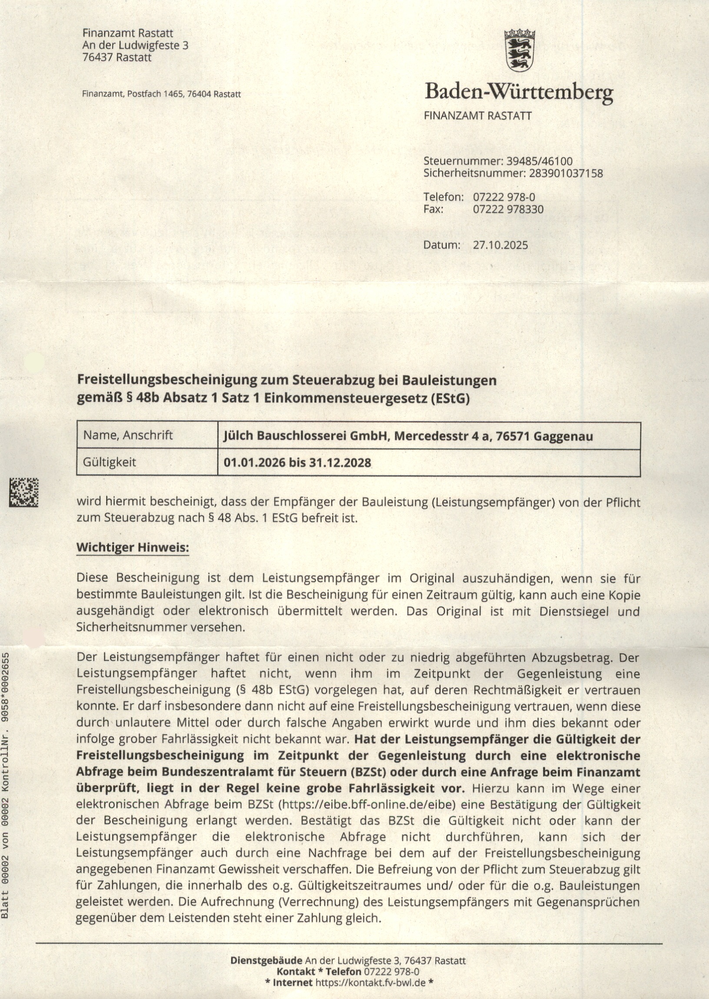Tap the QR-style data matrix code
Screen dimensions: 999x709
pyautogui.click(x=24, y=492)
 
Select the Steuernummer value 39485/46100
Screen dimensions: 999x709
pyautogui.click(x=539, y=161)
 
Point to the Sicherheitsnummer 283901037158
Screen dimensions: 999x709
pyautogui.click(x=566, y=173)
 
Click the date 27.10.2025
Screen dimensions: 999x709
pyautogui.click(x=500, y=245)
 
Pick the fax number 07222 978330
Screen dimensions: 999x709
pyautogui.click(x=508, y=209)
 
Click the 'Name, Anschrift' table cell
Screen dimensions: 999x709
pyautogui.click(x=128, y=435)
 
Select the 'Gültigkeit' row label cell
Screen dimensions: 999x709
pyautogui.click(x=109, y=462)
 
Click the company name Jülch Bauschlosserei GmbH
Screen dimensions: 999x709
pyautogui.click(x=305, y=435)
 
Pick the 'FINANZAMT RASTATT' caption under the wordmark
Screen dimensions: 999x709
pyautogui.click(x=477, y=115)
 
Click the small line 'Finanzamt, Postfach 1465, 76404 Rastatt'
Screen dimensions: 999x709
pyautogui.click(x=161, y=94)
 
